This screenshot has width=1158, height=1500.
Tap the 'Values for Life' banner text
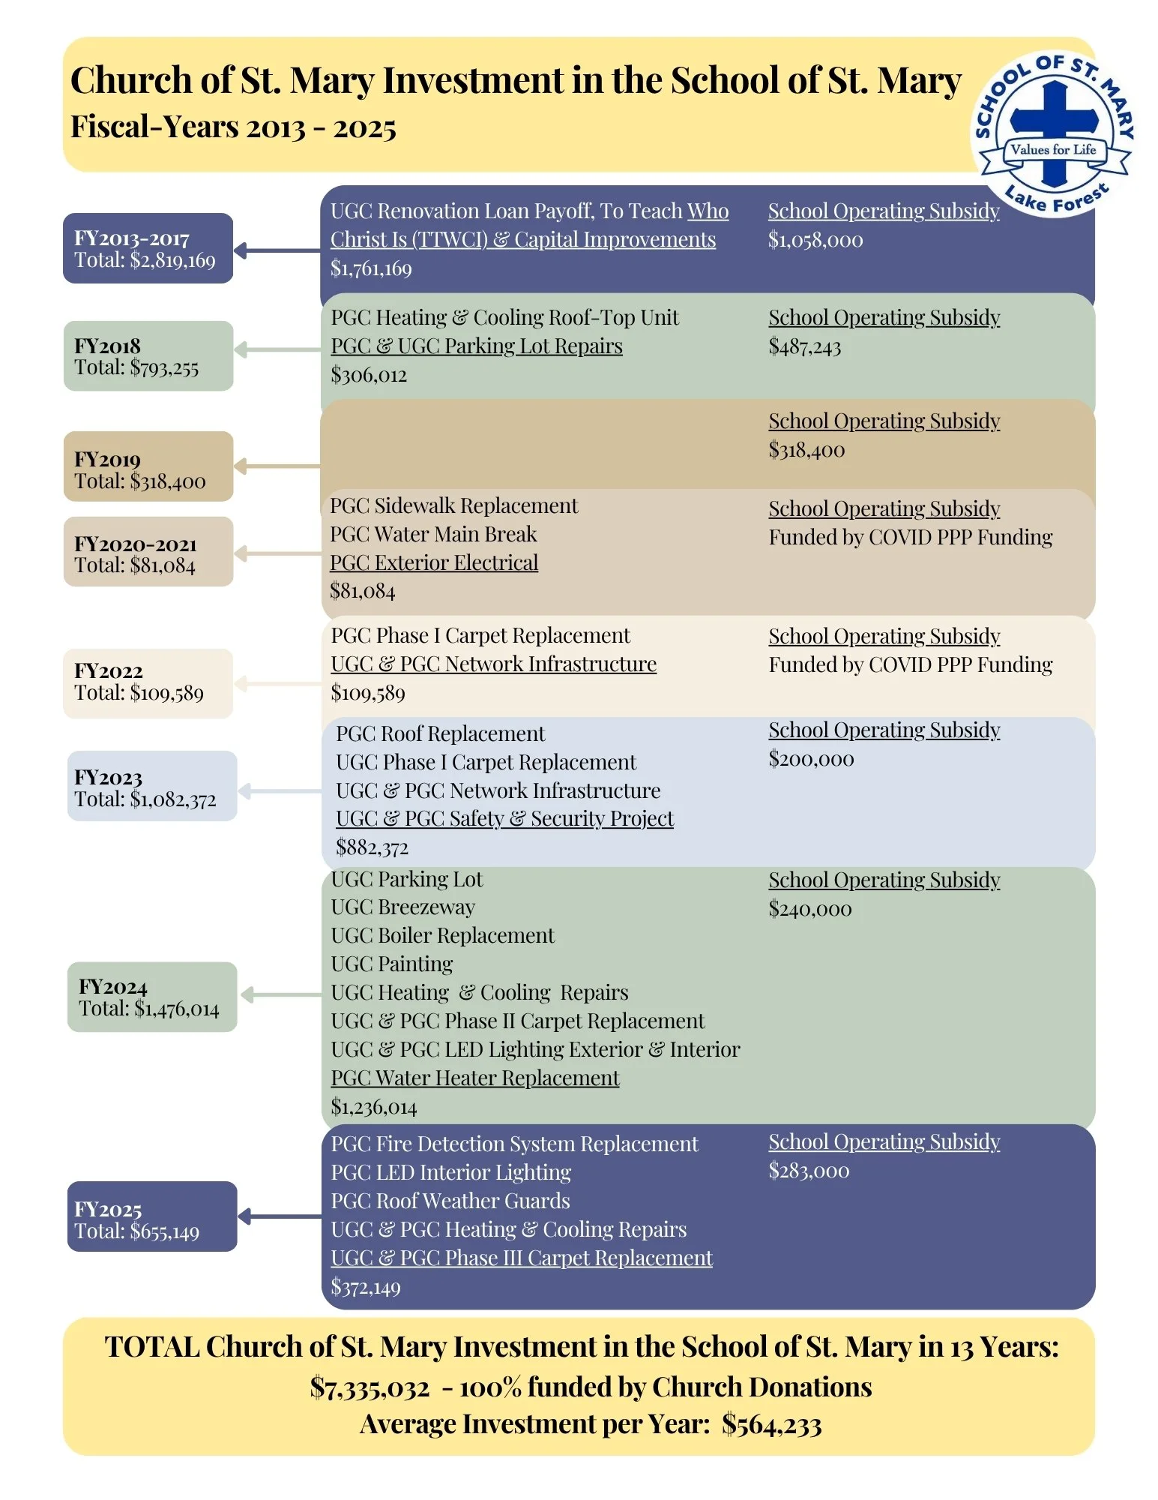coord(1053,149)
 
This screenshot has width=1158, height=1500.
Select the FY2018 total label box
coord(148,356)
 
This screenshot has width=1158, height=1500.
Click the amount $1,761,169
coord(371,268)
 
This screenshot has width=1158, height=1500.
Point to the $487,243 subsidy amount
coord(805,346)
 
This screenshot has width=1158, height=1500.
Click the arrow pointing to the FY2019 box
coord(277,466)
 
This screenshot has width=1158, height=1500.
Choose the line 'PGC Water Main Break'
coord(433,534)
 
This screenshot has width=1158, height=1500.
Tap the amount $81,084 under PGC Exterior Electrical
coord(363,591)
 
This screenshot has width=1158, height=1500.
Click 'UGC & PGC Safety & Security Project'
coord(504,819)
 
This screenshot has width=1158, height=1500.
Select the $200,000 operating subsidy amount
coord(811,759)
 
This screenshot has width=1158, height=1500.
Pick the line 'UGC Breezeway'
coord(403,907)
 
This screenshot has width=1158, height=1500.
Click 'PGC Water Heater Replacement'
coord(475,1078)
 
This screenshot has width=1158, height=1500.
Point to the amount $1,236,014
coord(374,1107)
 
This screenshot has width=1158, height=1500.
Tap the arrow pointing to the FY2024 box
coord(281,995)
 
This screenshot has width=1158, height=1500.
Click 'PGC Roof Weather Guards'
coord(450,1201)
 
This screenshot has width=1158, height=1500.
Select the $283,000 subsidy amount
coord(809,1171)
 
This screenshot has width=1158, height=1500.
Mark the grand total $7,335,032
coord(370,1388)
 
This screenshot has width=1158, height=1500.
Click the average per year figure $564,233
coord(772,1425)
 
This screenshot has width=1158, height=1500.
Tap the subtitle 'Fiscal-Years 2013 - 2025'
coord(233,127)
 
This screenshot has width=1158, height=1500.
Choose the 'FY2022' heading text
coord(109,671)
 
